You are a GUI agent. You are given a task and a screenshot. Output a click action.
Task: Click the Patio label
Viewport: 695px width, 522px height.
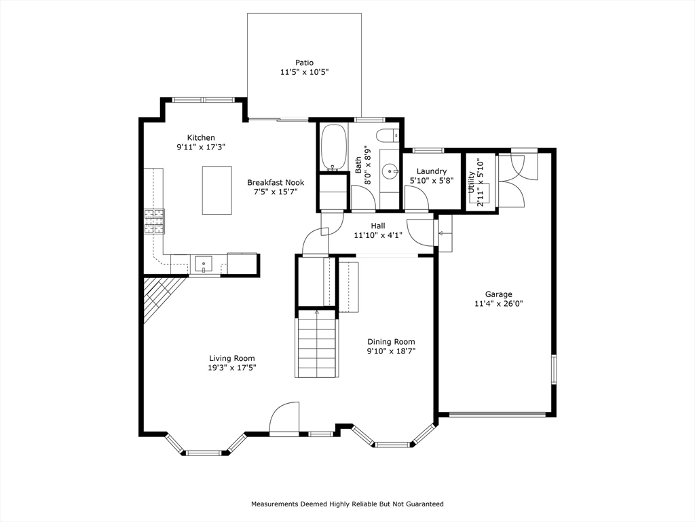(305, 63)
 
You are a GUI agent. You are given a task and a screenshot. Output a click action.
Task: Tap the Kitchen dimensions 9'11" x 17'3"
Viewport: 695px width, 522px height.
(201, 147)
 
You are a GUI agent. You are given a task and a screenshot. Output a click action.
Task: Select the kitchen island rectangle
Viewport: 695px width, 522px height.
(217, 190)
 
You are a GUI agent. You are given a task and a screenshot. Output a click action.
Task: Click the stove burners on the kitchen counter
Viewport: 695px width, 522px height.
(154, 222)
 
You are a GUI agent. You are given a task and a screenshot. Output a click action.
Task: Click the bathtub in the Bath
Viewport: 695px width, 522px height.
(333, 147)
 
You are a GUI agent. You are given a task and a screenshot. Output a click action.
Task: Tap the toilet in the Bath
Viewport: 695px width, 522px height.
(387, 135)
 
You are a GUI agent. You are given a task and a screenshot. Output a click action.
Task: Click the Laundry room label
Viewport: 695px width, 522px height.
(431, 171)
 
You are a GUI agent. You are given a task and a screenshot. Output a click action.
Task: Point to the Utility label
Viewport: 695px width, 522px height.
(471, 182)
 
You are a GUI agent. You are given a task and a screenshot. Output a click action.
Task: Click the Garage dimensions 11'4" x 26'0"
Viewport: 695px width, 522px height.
(499, 304)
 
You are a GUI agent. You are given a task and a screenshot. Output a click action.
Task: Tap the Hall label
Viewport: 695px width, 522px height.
(378, 226)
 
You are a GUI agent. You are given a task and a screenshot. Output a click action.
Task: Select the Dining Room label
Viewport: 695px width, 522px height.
(391, 342)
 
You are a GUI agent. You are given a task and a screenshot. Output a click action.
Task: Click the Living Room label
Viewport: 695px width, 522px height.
(232, 358)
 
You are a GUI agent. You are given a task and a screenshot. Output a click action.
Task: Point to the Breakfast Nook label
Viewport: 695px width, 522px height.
(276, 182)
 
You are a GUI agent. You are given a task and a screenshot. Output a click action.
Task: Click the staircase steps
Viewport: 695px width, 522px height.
(317, 344)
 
